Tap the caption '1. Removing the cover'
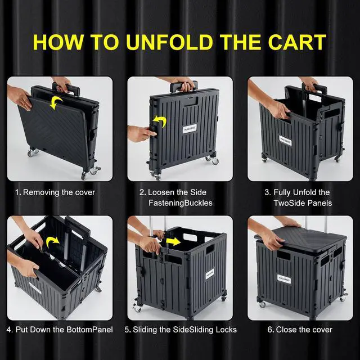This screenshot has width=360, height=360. (55, 192)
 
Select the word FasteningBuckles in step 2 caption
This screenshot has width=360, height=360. (180, 202)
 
